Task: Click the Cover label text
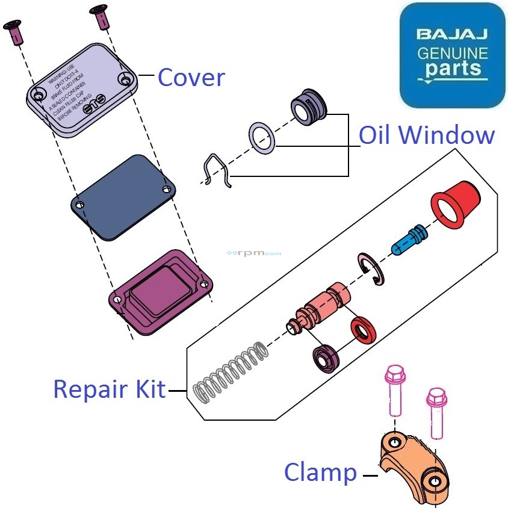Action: [191, 78]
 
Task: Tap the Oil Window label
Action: [427, 135]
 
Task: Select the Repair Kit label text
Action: [109, 389]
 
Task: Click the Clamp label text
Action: [320, 472]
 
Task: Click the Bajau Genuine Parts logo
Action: [452, 55]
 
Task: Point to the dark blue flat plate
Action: [123, 197]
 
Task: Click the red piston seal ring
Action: [364, 332]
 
